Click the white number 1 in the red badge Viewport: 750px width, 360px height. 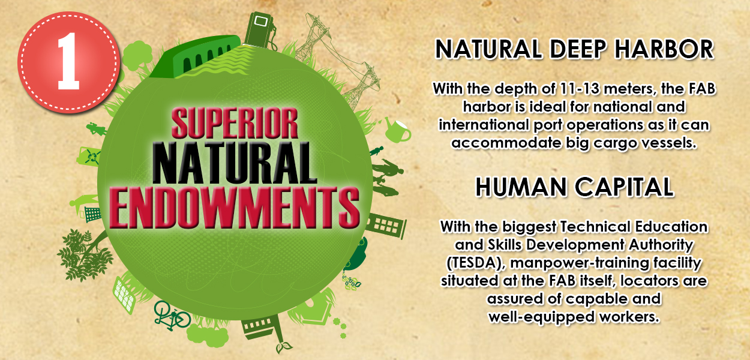[68, 61]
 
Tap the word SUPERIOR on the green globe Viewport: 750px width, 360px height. [235, 123]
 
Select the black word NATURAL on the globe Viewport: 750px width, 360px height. [235, 163]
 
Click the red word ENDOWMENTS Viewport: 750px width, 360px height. [235, 208]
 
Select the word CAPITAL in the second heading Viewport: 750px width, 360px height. [624, 187]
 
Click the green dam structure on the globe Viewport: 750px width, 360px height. [196, 56]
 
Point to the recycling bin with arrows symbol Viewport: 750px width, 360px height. [89, 156]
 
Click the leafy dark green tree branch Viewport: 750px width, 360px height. [85, 254]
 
